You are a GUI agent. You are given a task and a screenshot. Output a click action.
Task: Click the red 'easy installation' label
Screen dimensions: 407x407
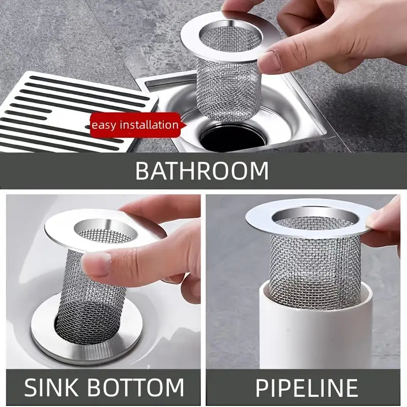click(135, 125)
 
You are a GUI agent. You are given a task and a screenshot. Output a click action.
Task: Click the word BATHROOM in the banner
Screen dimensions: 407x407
click(201, 171)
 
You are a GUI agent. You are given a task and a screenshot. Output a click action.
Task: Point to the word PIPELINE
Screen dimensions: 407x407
click(306, 388)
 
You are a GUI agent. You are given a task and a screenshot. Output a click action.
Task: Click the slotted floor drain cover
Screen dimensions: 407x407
click(66, 109)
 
